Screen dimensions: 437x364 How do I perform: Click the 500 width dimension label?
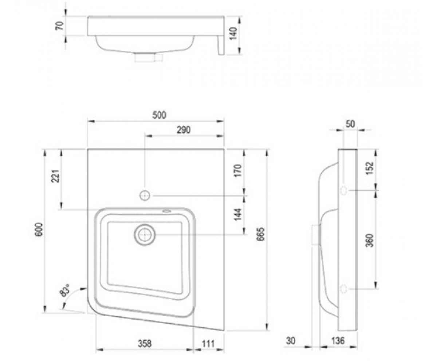(x=159, y=115)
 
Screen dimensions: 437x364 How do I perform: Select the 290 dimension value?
(x=184, y=130)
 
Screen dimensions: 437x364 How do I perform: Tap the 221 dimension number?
(x=56, y=176)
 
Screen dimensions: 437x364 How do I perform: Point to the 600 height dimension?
(x=39, y=229)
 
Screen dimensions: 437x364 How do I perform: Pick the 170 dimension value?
(x=238, y=170)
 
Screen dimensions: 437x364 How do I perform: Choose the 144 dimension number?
(x=238, y=214)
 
